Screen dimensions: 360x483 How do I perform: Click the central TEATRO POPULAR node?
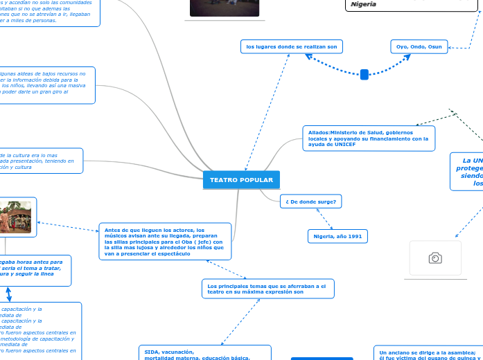point(241,180)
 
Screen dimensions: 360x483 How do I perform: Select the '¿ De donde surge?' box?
point(310,201)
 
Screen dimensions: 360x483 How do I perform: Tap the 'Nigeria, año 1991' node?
point(337,236)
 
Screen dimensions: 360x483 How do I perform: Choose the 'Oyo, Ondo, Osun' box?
point(419,46)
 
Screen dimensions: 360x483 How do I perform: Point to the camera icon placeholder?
point(435,258)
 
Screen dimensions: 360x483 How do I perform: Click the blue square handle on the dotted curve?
point(365,75)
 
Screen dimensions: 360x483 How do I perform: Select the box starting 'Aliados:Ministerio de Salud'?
point(369,138)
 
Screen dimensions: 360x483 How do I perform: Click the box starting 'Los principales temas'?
point(267,289)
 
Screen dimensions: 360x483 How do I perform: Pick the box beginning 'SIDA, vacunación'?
point(204,353)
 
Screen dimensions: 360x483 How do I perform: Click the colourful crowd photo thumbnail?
point(16,217)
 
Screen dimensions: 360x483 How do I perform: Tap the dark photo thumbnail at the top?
point(225,8)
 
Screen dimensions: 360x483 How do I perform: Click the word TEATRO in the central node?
point(223,180)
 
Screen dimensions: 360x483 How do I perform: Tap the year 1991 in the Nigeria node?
point(353,236)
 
